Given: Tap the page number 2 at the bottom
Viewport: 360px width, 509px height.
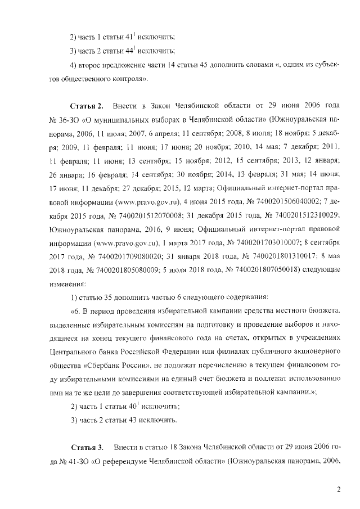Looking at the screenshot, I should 339,489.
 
